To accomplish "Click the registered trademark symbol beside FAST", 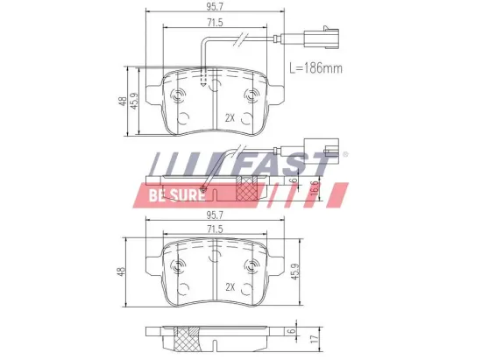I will pyautogui.click(x=344, y=154).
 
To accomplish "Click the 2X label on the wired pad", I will pyautogui.click(x=230, y=117).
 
